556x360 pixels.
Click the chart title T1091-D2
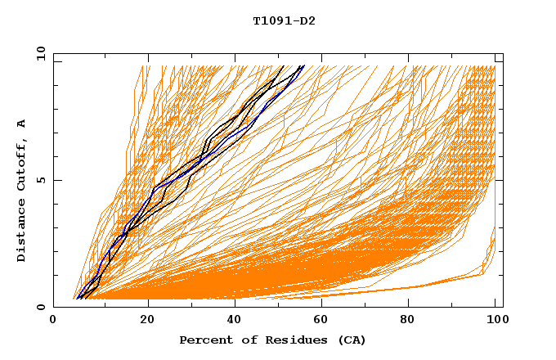(284, 20)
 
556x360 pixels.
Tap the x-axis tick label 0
(53, 321)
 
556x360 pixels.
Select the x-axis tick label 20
(148, 321)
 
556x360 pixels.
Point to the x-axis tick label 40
(236, 321)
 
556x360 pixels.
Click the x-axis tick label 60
(325, 321)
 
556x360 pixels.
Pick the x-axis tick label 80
(413, 321)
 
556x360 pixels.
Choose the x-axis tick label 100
(495, 321)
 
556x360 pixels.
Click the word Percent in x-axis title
(202, 340)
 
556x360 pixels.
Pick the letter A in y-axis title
(22, 124)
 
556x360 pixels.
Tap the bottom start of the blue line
(78, 299)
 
